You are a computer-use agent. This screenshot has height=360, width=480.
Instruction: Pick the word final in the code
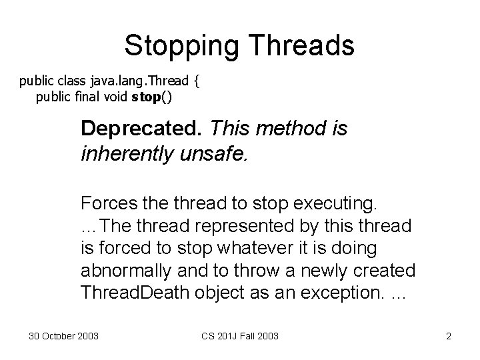pos(85,97)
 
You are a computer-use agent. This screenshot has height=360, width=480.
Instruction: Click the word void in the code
pos(116,97)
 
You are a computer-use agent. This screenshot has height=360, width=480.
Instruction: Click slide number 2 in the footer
pos(449,336)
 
